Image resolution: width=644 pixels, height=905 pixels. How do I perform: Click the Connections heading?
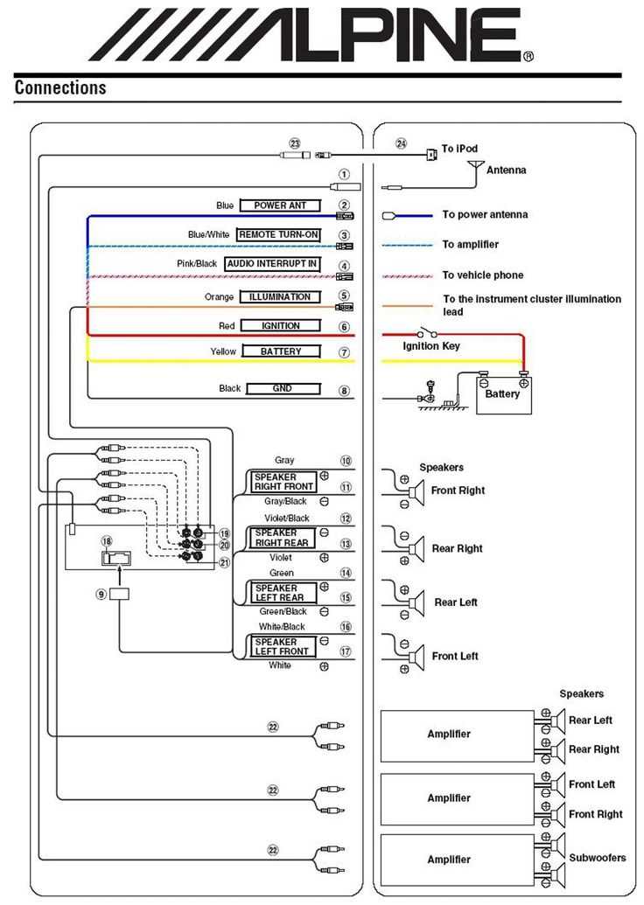tap(60, 87)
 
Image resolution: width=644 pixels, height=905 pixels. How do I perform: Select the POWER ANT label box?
tap(280, 205)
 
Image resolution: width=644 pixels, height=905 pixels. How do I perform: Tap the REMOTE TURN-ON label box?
tap(278, 235)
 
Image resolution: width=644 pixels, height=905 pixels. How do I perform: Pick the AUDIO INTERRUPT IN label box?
tap(272, 264)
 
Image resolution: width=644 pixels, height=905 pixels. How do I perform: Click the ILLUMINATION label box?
tap(280, 297)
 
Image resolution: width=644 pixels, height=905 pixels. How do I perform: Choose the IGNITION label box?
tap(280, 326)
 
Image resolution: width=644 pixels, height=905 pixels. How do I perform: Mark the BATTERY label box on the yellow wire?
tap(280, 352)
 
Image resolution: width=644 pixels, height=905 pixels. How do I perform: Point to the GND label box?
tap(282, 388)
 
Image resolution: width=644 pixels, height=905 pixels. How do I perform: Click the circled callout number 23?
tap(295, 143)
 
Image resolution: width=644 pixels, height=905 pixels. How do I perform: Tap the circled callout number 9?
tap(101, 594)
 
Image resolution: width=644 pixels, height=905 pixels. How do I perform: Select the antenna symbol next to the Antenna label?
tap(475, 165)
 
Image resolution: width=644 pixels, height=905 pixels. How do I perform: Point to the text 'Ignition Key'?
tap(430, 346)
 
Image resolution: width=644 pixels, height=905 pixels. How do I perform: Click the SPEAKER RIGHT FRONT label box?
tap(283, 482)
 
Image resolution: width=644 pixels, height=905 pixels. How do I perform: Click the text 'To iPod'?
tap(460, 149)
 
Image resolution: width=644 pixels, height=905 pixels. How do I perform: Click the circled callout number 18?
tap(107, 542)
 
